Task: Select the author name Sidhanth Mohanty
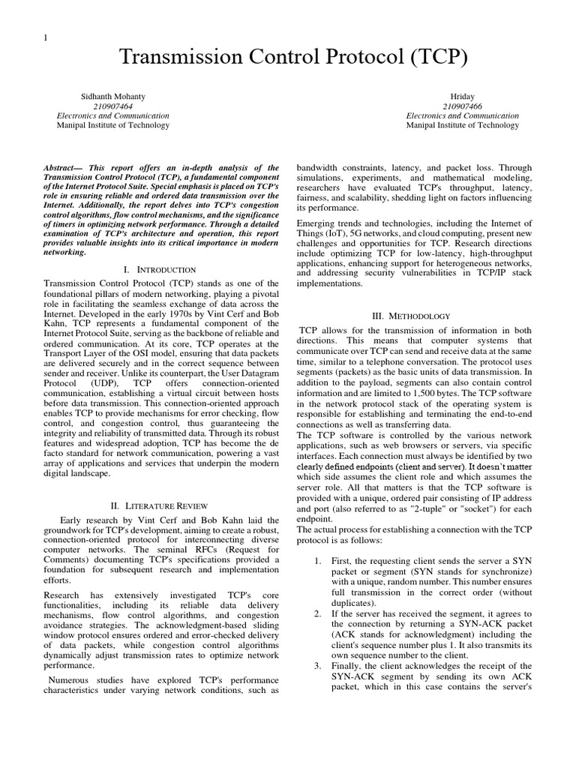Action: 113,97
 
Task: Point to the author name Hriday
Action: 462,97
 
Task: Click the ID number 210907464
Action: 113,106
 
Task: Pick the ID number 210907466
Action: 462,106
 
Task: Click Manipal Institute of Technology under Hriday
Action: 462,125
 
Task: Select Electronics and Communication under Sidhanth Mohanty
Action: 113,116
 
